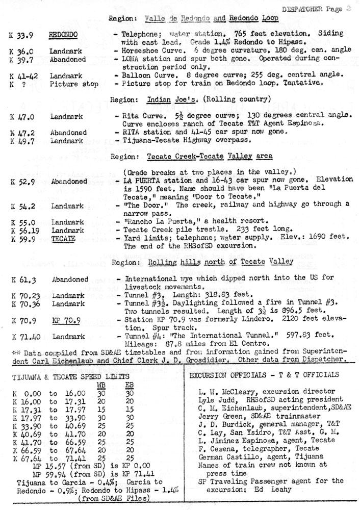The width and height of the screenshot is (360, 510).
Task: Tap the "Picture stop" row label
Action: pyautogui.click(x=68, y=83)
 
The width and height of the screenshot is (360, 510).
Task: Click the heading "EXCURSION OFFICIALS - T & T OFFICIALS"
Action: pyautogui.click(x=264, y=375)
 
